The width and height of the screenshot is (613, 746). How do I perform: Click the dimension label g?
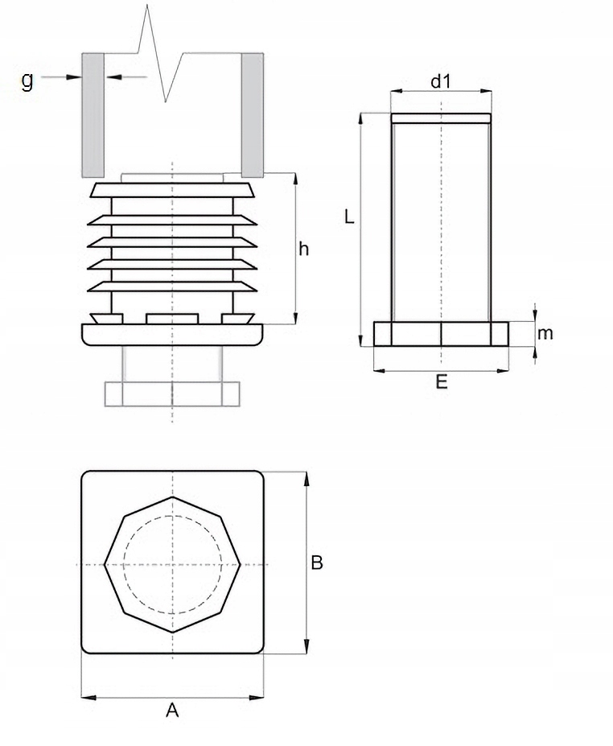27,80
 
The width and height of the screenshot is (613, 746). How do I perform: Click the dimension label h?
303,249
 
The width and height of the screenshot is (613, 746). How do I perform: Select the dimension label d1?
440,80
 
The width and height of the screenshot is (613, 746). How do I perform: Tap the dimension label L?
348,216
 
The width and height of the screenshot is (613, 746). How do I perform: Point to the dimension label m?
545,333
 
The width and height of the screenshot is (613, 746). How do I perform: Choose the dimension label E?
441,383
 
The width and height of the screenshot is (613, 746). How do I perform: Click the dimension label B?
317,563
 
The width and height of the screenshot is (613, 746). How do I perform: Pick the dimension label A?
171,710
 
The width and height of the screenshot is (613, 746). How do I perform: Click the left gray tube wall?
93,114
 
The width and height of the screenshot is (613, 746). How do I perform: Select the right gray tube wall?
253,114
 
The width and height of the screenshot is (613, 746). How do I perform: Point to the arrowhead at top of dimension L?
361,118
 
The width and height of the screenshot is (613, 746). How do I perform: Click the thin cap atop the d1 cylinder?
440,118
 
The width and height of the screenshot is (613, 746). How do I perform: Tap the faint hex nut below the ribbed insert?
172,393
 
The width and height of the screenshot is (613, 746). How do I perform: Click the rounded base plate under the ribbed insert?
172,333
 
